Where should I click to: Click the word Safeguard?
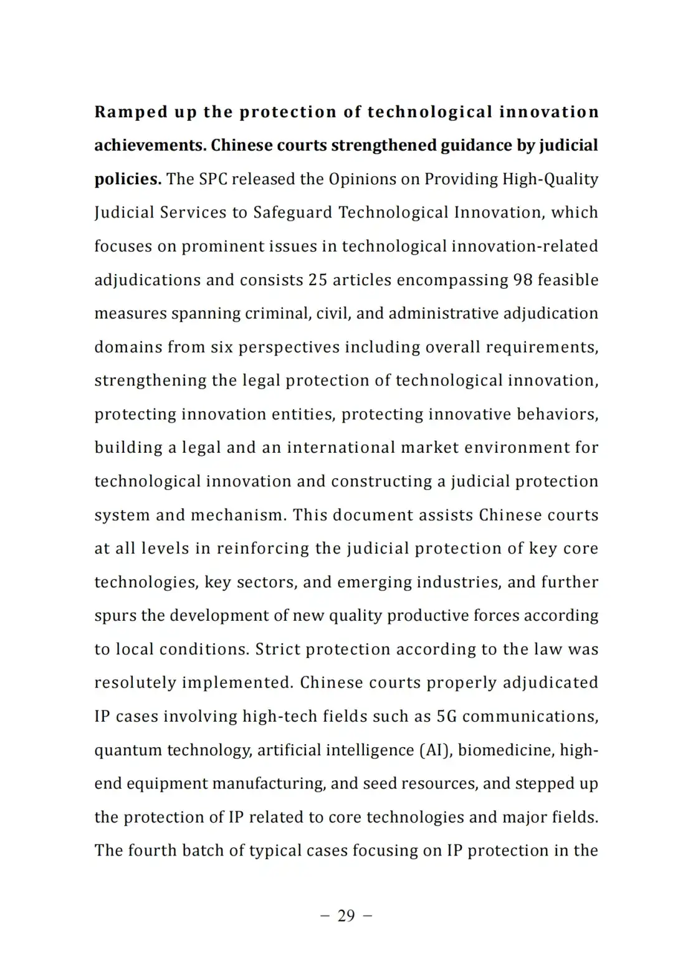[x=292, y=213]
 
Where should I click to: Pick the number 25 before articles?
[x=317, y=280]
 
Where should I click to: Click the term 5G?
[x=446, y=717]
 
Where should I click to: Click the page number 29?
[x=346, y=915]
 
